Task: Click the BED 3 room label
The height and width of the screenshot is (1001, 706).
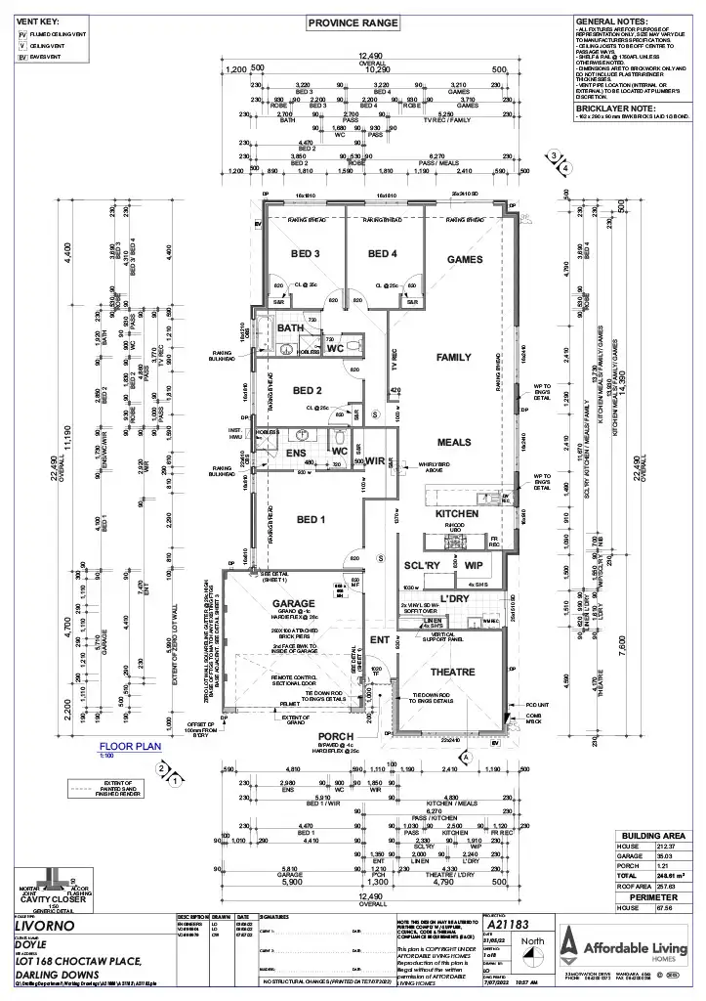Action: point(306,254)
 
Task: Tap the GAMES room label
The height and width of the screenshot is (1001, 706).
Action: point(464,260)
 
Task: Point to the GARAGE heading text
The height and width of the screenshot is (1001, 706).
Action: point(292,604)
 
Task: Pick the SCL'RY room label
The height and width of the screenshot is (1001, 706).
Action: point(424,566)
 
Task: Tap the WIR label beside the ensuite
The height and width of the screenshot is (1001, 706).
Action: point(376,460)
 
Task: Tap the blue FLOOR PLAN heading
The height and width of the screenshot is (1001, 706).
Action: point(132,745)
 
